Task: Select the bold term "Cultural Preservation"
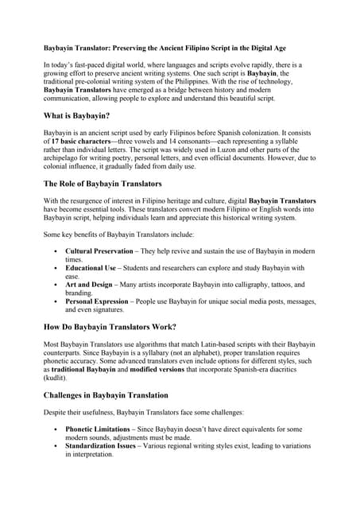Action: pos(106,251)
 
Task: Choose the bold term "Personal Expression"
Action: pos(104,301)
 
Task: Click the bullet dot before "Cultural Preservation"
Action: pos(52,251)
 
